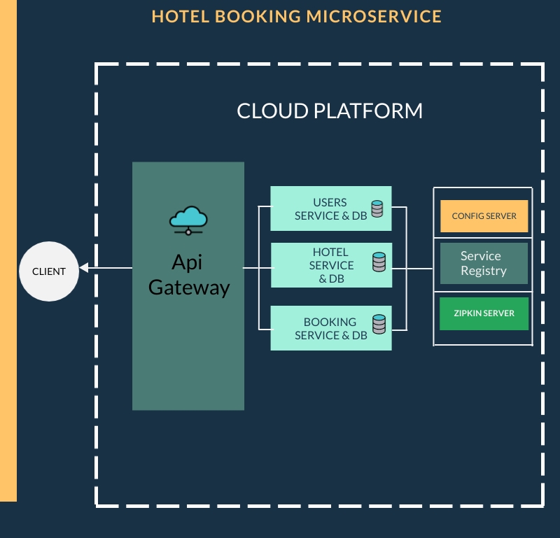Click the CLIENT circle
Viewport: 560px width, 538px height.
tap(49, 271)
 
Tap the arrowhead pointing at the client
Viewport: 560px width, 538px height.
tap(84, 268)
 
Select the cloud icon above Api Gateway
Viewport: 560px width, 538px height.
tap(188, 220)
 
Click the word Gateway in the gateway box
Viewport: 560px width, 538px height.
tap(189, 288)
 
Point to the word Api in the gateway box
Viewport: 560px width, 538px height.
tap(187, 262)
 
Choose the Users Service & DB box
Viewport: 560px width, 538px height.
tap(331, 208)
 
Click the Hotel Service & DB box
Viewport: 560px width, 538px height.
tap(331, 265)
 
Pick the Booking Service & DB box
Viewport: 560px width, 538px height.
tap(331, 328)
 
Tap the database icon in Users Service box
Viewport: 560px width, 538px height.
tap(377, 209)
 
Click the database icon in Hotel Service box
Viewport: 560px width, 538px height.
tap(379, 262)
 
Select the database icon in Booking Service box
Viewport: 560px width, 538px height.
tap(379, 324)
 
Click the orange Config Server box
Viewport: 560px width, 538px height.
tap(484, 216)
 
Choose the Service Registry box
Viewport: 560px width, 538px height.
tap(484, 264)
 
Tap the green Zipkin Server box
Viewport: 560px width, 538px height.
tap(484, 313)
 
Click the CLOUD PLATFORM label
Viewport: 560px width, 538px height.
tap(330, 111)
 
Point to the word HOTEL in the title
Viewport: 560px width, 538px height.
tap(181, 16)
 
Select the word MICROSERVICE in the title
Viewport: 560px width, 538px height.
tap(374, 16)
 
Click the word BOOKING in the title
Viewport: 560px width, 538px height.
tap(258, 16)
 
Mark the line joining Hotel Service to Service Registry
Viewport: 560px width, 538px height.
tap(412, 269)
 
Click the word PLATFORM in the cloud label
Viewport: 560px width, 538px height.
tap(368, 111)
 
